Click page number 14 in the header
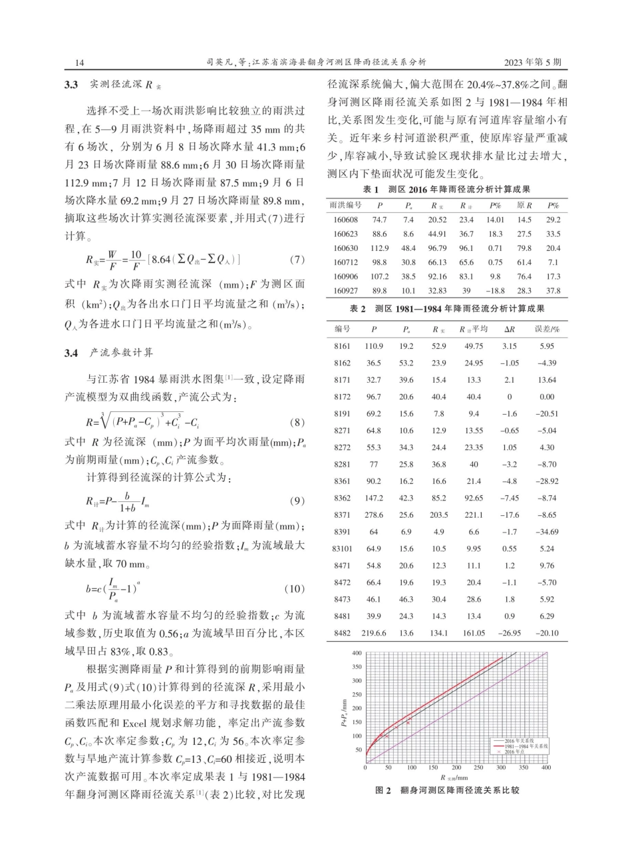(x=80, y=62)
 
